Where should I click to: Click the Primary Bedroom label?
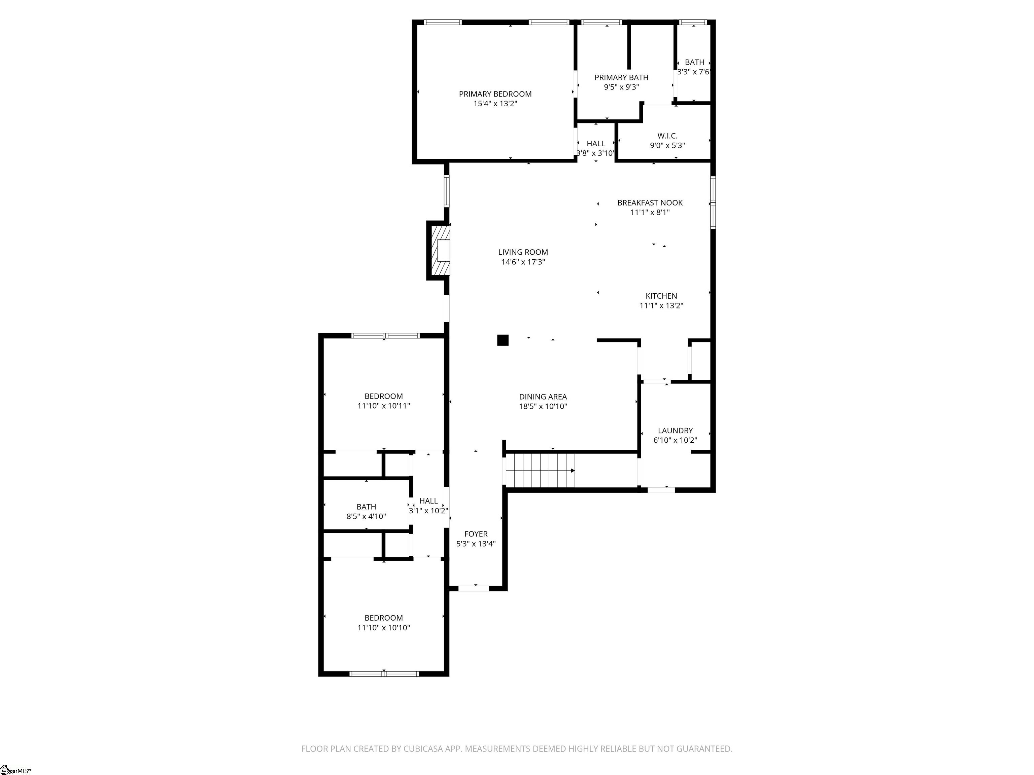tap(495, 94)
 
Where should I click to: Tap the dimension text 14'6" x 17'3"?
tap(523, 262)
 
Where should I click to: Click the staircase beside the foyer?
tap(540, 471)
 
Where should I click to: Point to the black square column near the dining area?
tap(503, 340)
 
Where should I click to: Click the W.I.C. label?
tap(667, 136)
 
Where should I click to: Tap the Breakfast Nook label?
tap(650, 203)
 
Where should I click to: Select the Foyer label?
tap(476, 534)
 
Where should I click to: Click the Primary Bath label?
tap(621, 78)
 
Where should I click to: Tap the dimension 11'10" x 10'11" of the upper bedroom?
tap(384, 406)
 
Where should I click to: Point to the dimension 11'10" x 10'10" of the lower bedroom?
tap(384, 628)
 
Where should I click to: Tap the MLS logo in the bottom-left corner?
tap(15, 769)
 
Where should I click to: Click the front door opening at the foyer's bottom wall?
tap(474, 588)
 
